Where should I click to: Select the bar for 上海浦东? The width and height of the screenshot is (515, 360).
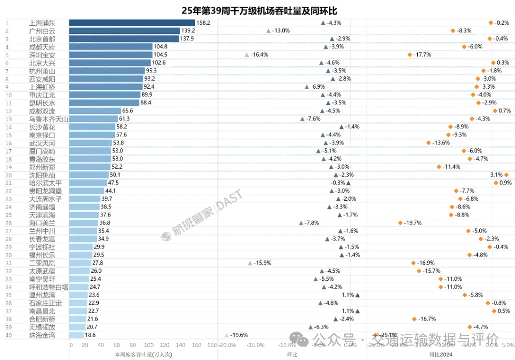click(x=132, y=22)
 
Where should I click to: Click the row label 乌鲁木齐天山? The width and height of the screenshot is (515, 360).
click(x=49, y=119)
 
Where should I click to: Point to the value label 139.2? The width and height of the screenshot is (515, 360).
click(x=187, y=31)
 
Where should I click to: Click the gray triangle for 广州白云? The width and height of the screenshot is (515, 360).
click(x=268, y=31)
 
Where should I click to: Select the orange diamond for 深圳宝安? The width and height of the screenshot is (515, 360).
click(x=410, y=55)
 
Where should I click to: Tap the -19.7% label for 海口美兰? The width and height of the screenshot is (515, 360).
click(x=413, y=223)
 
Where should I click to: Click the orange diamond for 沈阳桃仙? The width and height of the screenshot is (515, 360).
click(x=506, y=175)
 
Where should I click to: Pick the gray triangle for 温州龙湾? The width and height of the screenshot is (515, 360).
click(x=358, y=295)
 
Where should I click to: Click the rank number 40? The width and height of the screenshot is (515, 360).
click(x=8, y=335)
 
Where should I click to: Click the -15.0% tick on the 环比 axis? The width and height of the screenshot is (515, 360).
click(x=257, y=345)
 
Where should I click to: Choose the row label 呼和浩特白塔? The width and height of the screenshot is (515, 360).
click(x=49, y=287)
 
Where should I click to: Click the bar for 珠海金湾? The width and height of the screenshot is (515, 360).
click(x=76, y=335)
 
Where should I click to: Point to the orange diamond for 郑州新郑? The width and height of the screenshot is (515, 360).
click(x=439, y=167)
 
